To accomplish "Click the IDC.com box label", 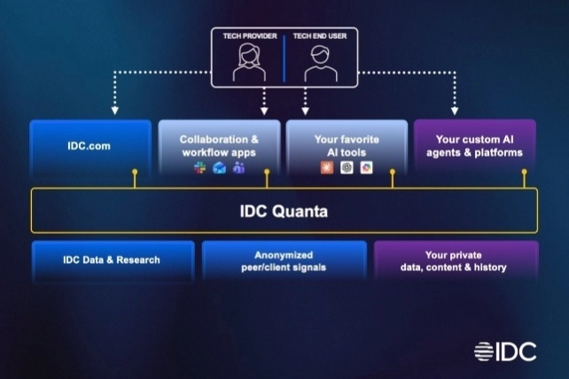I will pos(87,146).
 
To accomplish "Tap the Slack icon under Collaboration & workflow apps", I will pos(199,167).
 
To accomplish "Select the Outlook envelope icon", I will pos(219,167).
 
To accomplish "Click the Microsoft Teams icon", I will pos(238,167).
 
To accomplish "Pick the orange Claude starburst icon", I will pos(327,167).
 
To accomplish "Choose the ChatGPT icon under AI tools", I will pos(347,167).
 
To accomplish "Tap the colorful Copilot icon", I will pos(366,167).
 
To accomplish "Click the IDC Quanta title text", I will pos(284,211).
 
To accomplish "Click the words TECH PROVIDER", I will pos(249,36).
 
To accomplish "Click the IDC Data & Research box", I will pos(112,259).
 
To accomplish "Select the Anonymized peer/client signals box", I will pos(284,260).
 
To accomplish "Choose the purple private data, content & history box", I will pos(455,260).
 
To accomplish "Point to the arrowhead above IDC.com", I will pos(114,112).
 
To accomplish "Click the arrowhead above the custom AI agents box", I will pos(454,112).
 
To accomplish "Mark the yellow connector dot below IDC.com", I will pos(134,171).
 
